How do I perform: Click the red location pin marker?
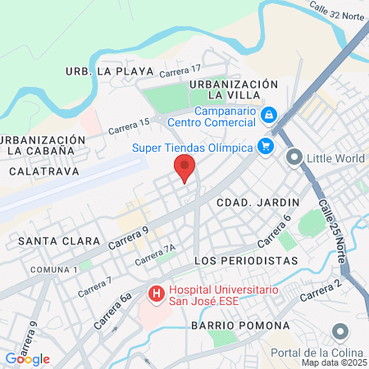click(x=184, y=170)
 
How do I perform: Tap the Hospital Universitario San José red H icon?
click(x=153, y=291)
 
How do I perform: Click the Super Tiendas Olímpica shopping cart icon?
click(x=265, y=147)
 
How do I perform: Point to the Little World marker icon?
click(x=294, y=156)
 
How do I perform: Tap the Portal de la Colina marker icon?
click(x=340, y=331)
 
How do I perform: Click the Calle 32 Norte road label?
click(x=336, y=16)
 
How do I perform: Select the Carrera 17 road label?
click(x=180, y=73)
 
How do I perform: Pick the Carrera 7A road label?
click(x=156, y=253)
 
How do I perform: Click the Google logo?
click(x=27, y=359)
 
